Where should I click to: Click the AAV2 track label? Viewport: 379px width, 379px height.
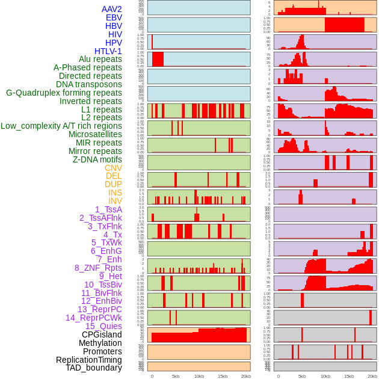click(x=112, y=9)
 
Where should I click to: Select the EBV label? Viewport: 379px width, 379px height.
click(x=114, y=17)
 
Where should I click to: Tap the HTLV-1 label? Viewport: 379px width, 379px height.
click(x=108, y=51)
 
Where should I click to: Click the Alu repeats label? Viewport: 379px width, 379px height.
click(x=100, y=59)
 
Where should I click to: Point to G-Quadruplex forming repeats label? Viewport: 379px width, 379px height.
click(x=64, y=93)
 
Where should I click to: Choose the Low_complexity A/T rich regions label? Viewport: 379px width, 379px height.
click(x=61, y=126)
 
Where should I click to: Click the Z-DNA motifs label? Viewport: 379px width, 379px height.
click(x=97, y=159)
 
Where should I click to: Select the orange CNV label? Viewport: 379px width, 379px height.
click(x=113, y=168)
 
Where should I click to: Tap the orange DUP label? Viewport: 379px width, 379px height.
click(x=113, y=184)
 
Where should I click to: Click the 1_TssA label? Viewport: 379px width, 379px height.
click(x=108, y=209)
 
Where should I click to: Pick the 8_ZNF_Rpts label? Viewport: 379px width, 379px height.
click(x=98, y=268)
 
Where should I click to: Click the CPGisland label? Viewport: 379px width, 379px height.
click(x=102, y=334)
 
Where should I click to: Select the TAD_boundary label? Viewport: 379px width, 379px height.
click(x=94, y=368)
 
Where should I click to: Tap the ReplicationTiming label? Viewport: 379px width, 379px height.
click(x=89, y=360)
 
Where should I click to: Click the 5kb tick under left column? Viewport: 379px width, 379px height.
click(x=176, y=376)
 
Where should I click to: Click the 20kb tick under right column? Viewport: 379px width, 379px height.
click(x=372, y=376)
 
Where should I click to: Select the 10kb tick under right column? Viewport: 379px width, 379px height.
click(x=325, y=376)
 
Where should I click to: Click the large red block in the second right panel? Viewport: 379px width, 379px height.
click(x=344, y=25)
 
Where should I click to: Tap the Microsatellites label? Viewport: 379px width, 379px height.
click(x=95, y=134)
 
